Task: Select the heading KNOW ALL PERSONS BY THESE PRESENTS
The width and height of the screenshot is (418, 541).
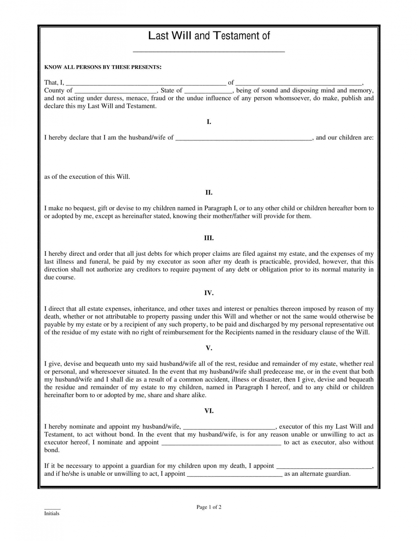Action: coord(103,67)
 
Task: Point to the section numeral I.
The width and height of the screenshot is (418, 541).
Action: coord(209,122)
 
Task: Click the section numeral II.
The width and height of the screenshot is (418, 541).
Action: coord(209,193)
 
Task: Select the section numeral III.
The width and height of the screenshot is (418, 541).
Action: coord(209,238)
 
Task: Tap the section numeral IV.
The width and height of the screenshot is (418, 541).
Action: coord(209,293)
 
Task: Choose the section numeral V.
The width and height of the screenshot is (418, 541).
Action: coord(209,348)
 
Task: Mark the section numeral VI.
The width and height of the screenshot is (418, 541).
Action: coord(209,411)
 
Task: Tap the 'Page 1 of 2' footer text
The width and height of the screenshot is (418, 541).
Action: coord(209,507)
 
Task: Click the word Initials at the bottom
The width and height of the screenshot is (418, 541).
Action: coord(52,514)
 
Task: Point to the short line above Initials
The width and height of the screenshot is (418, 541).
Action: coord(52,509)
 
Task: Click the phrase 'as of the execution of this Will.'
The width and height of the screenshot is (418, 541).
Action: coord(87,177)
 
